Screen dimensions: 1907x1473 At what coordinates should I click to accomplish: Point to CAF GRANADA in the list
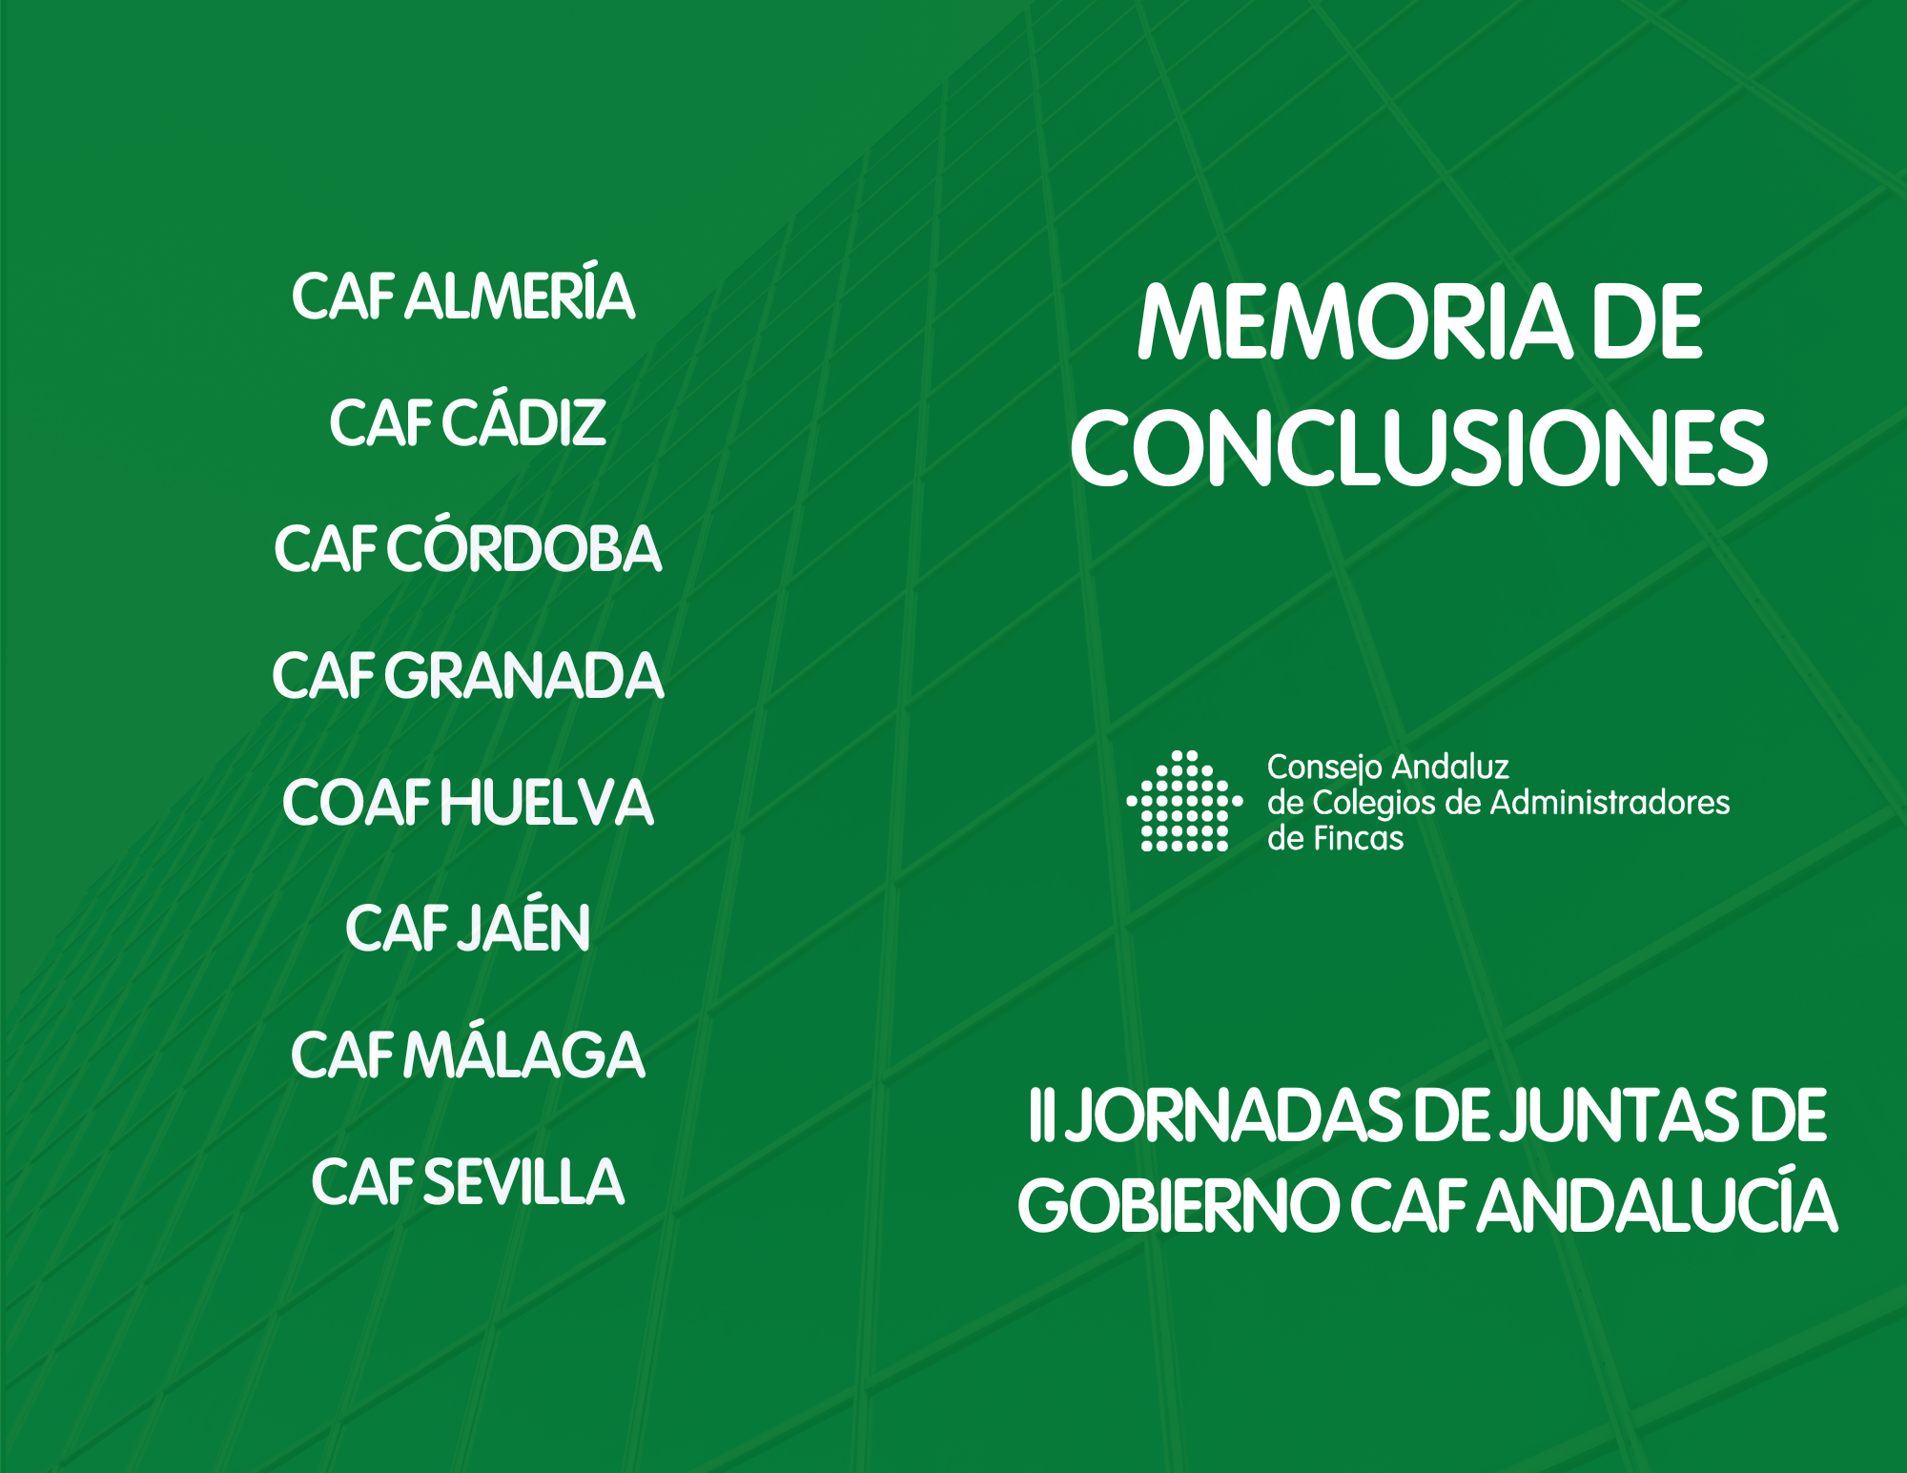[x=467, y=676]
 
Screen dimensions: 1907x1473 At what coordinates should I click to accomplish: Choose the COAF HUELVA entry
[x=467, y=803]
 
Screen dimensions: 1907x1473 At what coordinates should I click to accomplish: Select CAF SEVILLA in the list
[x=467, y=1182]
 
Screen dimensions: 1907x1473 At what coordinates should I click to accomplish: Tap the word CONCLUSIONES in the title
[x=1419, y=448]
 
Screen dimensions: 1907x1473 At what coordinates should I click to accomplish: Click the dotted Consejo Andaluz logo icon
[x=1184, y=800]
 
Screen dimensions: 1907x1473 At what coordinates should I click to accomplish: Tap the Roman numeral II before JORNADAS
[x=1040, y=1115]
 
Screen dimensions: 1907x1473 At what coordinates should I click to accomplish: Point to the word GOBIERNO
[x=1179, y=1206]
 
